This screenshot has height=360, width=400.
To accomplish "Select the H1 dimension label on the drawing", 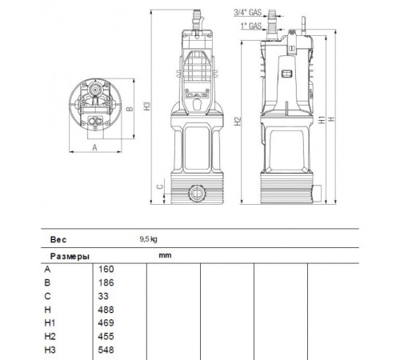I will point(319,120).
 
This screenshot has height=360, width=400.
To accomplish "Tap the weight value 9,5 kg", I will point(149,238).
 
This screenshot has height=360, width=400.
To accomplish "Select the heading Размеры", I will point(68,255).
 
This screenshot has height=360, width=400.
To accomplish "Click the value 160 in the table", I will point(106,269).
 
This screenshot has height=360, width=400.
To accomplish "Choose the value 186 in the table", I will point(106,282).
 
